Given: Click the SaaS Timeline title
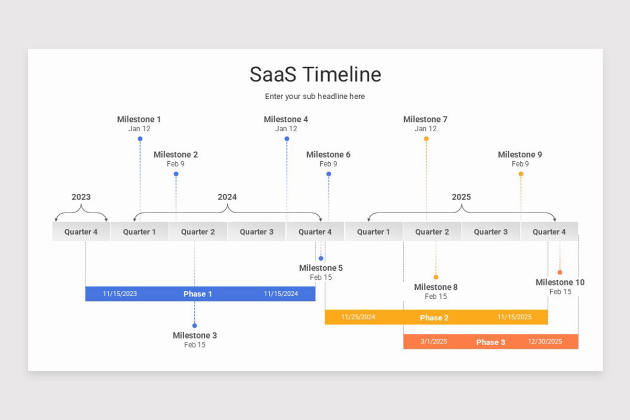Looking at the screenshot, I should point(315,75).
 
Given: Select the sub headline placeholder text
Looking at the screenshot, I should point(315,97).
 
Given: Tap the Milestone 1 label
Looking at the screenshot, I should point(139,120).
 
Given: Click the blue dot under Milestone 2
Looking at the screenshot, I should point(176,174).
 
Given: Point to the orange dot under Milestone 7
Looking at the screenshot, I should point(426,139).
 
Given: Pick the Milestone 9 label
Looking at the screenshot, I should point(520,155).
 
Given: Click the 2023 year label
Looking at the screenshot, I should point(81,197).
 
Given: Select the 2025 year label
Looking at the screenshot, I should point(461,197).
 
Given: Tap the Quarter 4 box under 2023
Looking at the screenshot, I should point(81,232).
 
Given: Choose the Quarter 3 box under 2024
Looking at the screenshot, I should point(257,232).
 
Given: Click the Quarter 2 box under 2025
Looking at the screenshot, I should point(433,232).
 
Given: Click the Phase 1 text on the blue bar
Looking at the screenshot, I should point(198,294).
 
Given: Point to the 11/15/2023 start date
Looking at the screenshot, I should point(120,294).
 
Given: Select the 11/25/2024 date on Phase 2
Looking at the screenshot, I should point(358,317).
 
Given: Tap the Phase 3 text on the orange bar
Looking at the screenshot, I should point(491,342).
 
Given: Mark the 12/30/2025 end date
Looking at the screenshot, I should point(545,342).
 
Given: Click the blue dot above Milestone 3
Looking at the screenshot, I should point(195,325).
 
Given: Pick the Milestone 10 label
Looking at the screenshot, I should point(560,282).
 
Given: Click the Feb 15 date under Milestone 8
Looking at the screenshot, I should point(436,297).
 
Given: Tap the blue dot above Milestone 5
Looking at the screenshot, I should point(321,258).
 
